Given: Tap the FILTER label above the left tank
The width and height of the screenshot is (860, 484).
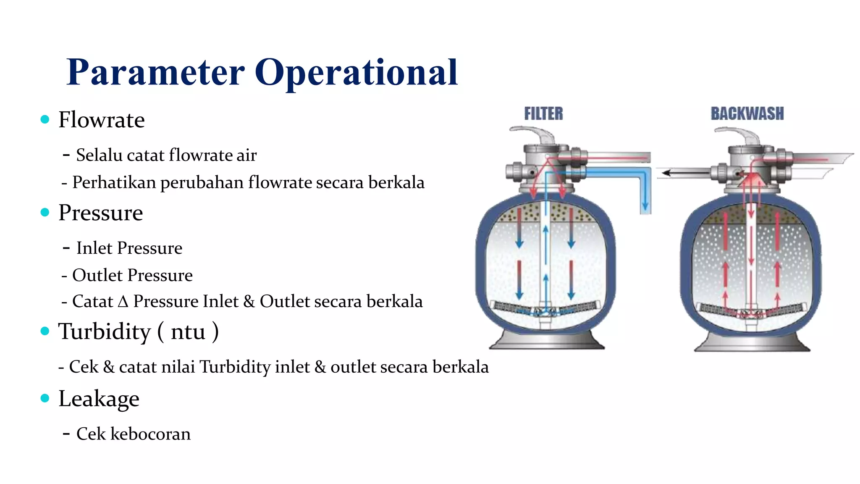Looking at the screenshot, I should click(543, 113).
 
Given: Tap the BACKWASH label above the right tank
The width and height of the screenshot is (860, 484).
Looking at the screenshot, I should click(747, 113).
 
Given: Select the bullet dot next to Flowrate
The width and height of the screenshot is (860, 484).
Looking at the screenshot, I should click(45, 120).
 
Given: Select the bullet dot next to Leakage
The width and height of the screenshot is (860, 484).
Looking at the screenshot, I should click(45, 398).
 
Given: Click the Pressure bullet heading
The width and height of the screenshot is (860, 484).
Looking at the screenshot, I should click(101, 213).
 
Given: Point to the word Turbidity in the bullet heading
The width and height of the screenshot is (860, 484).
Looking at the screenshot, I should click(104, 331).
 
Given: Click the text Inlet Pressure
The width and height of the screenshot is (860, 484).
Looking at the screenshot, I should click(129, 248).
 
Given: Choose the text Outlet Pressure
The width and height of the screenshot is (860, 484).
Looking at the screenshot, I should click(132, 275).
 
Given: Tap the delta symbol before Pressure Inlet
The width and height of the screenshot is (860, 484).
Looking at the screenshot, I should click(123, 302).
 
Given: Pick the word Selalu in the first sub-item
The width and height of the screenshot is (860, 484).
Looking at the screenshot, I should click(99, 155).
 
